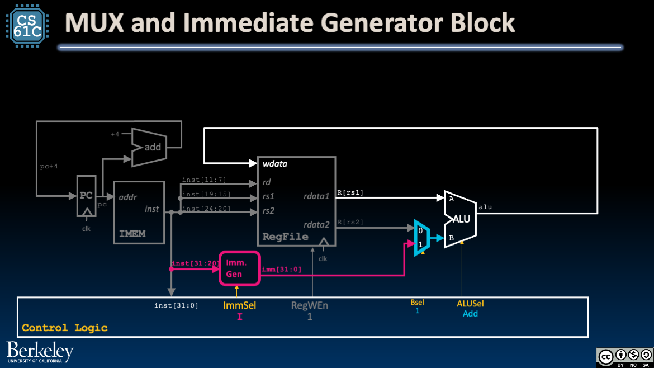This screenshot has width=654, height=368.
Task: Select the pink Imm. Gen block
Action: [x=240, y=268]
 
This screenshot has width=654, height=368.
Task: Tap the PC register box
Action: [x=86, y=195]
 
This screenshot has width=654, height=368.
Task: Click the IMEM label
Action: [x=132, y=233]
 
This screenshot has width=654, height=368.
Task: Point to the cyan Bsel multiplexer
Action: [x=421, y=237]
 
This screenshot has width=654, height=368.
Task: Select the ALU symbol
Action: [x=460, y=218]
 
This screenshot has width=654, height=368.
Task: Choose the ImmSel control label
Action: [x=239, y=306]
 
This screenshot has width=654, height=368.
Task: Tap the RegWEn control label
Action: [x=310, y=306]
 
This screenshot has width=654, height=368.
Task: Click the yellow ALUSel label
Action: [x=470, y=304]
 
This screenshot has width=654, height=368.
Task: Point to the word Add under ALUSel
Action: [x=470, y=314]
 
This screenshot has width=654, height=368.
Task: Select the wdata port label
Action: [x=275, y=164]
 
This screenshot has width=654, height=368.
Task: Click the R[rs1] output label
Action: [x=350, y=193]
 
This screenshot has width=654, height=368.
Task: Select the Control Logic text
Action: [x=64, y=328]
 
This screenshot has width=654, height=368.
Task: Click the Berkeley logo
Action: [x=40, y=352]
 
